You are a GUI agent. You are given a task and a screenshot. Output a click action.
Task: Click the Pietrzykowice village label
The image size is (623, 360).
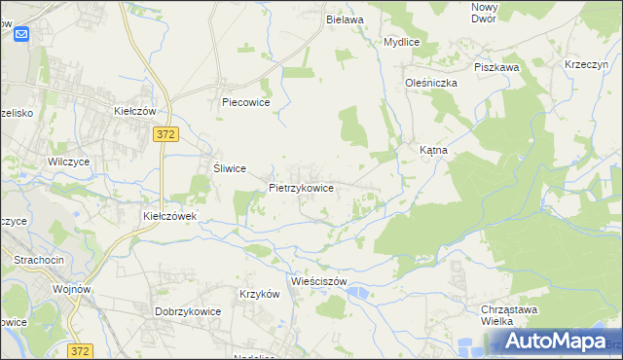coord(302,187)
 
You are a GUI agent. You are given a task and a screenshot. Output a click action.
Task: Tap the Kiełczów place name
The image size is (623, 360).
coord(135,111)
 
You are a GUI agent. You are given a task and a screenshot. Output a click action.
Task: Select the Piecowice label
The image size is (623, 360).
coord(245,101)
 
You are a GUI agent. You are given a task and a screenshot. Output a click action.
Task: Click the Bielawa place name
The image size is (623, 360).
coord(345,18)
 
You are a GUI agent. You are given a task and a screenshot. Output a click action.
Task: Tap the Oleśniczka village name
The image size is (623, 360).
coord(431,83)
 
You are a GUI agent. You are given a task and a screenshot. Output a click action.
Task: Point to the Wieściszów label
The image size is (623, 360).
coord(319,281)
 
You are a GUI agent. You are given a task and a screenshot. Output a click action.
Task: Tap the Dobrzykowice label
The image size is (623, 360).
coord(188,311)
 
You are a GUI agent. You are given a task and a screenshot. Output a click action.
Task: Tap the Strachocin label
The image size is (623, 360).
coord(39,260)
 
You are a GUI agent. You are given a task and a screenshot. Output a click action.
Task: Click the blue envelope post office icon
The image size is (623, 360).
coord(22,33)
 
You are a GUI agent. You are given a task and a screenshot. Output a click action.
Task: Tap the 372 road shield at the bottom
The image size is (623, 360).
coord(81,349)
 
